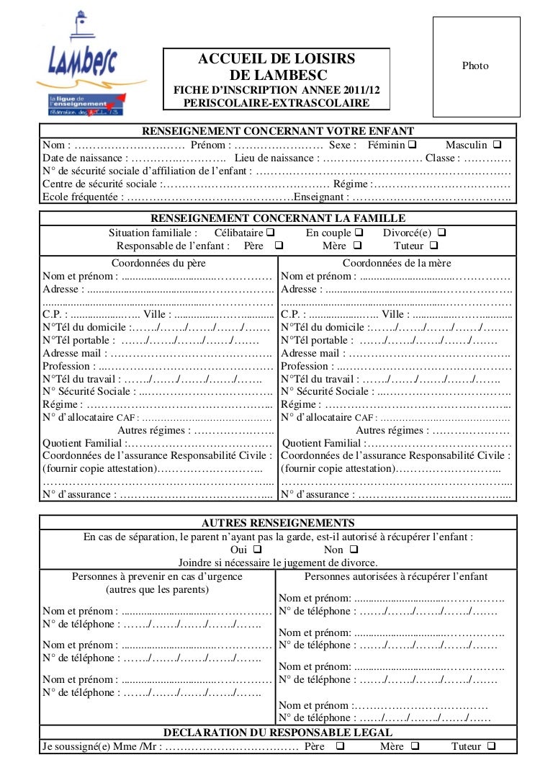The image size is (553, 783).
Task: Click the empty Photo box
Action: point(475,66)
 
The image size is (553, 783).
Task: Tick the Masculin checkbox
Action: point(498,145)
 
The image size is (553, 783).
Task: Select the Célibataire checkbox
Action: point(269,233)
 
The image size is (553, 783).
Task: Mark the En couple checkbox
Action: point(359,233)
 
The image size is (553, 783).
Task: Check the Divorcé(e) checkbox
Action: point(441,233)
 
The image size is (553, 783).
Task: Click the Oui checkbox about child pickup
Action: point(258,550)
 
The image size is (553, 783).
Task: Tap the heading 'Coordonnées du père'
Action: point(158,263)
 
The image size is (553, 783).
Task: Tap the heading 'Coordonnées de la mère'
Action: point(397,263)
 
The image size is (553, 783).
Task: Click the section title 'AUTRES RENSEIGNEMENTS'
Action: point(277,523)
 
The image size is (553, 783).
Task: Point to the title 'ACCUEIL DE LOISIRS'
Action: point(276,59)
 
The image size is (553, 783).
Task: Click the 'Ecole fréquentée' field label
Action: point(81,197)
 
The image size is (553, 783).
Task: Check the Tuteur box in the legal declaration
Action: point(491,746)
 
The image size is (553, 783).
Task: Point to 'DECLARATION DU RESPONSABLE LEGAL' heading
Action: point(278,733)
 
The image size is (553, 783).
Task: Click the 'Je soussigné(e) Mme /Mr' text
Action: point(101,746)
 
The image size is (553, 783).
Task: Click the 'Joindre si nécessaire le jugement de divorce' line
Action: point(277,563)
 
